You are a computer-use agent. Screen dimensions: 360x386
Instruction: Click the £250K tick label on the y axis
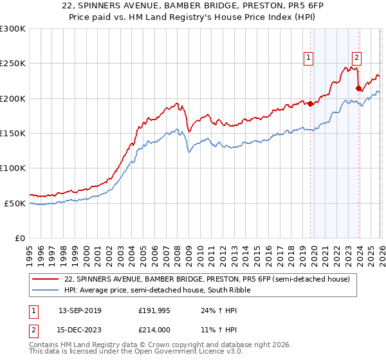[13, 64]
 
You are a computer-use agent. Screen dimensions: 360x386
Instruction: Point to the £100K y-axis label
[13, 168]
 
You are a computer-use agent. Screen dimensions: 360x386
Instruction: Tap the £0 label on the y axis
[19, 238]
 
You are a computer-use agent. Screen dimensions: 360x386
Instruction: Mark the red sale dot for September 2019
[310, 104]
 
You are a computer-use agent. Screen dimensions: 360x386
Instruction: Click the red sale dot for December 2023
[358, 89]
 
